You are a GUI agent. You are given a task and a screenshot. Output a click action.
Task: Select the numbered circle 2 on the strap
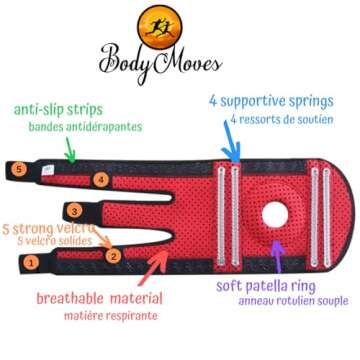[x=114, y=255]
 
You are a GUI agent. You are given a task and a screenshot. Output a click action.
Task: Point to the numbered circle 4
[x=101, y=180]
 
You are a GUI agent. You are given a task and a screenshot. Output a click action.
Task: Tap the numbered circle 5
[x=20, y=169]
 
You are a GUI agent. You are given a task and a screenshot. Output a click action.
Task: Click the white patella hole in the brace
[x=274, y=214]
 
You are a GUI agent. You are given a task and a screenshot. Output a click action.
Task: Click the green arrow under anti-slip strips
[x=69, y=150]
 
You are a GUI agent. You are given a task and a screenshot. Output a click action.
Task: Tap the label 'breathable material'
[x=100, y=298]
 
